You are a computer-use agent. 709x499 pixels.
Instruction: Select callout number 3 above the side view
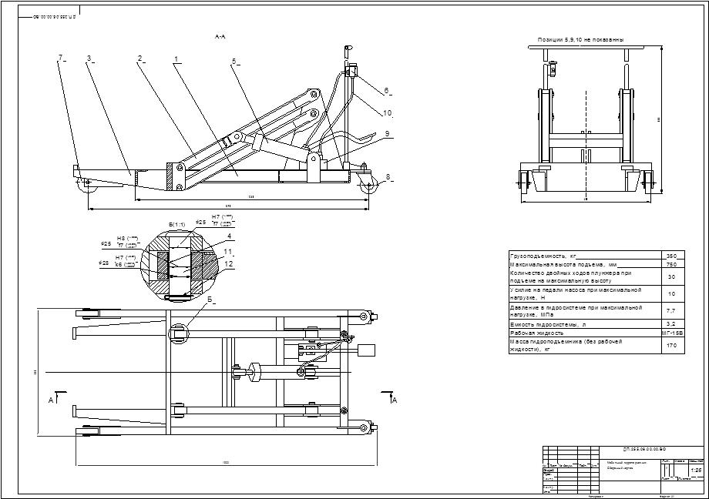pos(89,58)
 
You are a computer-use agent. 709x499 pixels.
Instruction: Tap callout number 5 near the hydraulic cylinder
pos(234,62)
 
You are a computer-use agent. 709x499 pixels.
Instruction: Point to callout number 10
pos(387,112)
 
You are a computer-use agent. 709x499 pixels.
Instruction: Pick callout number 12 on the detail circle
pos(229,263)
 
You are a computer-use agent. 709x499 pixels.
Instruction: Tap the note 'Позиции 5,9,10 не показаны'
pos(580,39)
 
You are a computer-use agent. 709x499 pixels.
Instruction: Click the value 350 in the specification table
pos(670,255)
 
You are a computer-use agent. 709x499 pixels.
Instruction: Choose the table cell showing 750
pos(670,264)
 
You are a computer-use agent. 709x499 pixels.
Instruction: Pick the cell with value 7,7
pos(670,310)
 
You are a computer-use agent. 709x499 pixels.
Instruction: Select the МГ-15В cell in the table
pos(672,333)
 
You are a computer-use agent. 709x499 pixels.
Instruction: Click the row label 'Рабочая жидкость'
pos(540,333)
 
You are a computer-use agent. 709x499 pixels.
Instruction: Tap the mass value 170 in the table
pos(670,346)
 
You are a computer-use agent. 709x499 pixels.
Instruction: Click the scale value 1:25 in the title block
pos(695,470)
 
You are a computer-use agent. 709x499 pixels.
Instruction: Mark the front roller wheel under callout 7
pos(82,183)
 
